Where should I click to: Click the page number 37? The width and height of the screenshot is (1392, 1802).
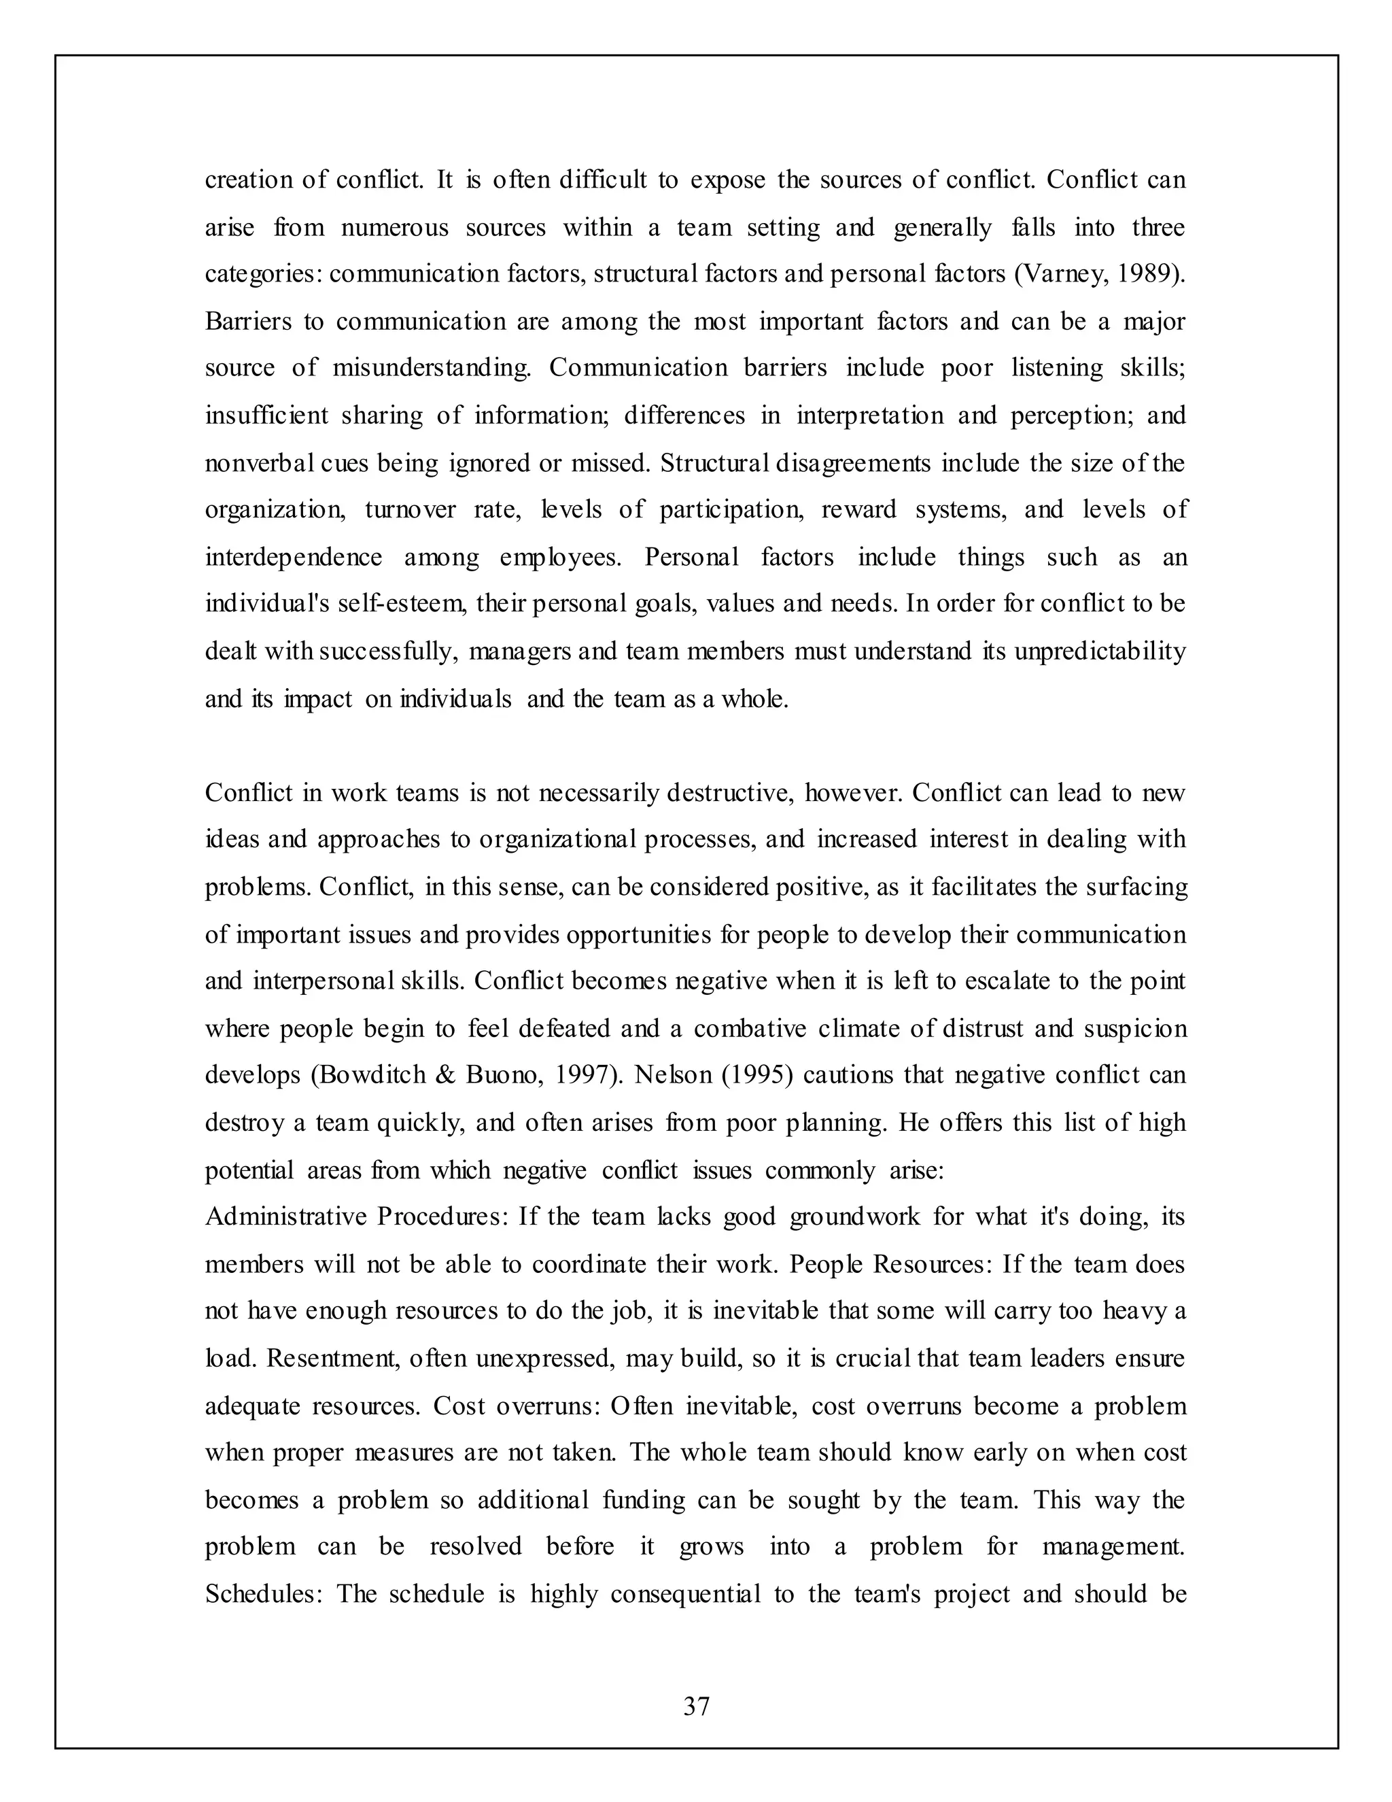[696, 1706]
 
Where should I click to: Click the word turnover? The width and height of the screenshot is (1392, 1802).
[410, 510]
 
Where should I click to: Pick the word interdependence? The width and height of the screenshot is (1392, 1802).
[294, 558]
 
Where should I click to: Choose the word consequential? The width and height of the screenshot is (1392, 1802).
[685, 1594]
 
